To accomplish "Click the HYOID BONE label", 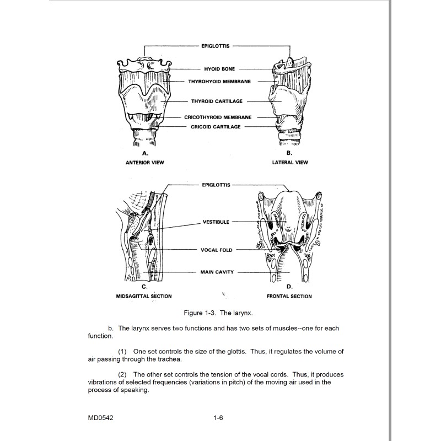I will [x=220, y=69].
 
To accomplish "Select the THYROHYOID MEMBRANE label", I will [x=220, y=81].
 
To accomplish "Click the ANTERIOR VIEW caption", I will [x=144, y=163].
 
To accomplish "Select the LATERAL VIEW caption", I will [x=290, y=163].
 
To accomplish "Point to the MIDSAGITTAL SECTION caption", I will [x=144, y=297].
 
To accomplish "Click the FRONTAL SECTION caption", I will [x=289, y=297].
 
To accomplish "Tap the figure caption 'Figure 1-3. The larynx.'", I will [x=219, y=313].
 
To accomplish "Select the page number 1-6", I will [x=218, y=417].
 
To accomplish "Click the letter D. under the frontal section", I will [x=289, y=287].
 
